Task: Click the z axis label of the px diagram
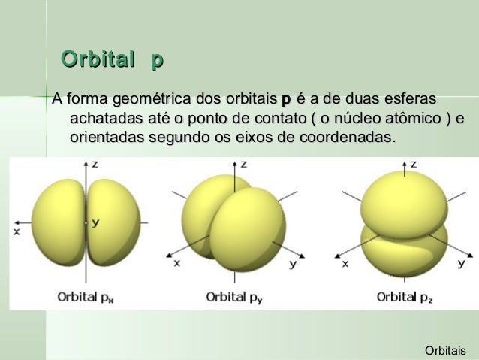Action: [x=95, y=163]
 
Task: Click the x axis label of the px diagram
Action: [x=16, y=232]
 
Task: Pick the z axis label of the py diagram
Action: [x=243, y=163]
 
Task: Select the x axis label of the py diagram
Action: [x=177, y=263]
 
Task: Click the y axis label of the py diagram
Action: [x=293, y=264]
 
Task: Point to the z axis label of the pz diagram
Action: [x=414, y=163]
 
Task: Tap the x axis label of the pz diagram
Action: [x=345, y=263]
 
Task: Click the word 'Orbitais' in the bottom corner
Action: [x=445, y=350]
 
